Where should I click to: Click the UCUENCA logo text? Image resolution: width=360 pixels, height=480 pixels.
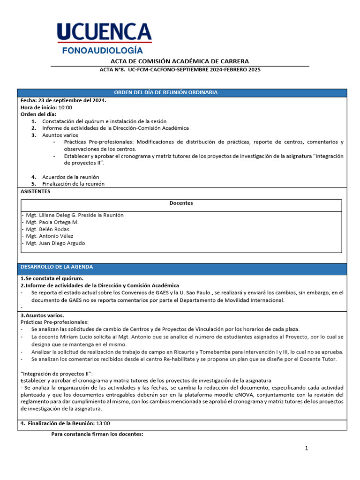pos(104,33)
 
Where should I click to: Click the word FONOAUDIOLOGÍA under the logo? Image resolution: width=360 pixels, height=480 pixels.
pos(103,51)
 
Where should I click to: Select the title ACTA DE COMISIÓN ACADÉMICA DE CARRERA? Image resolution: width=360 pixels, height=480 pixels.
pos(180,61)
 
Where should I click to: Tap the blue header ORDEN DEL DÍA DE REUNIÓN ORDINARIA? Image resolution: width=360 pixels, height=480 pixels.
pos(166,92)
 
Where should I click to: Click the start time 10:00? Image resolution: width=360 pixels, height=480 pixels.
pos(65,107)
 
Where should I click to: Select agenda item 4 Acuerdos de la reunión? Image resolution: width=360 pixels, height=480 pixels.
pos(70,177)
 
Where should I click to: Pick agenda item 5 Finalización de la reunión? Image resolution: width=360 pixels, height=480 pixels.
pos(73,184)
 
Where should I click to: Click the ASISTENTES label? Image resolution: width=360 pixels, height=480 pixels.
pos(35,191)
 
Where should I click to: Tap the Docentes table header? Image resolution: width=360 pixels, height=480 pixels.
pos(181,203)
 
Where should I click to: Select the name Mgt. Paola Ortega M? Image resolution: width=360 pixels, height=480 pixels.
pos(52,222)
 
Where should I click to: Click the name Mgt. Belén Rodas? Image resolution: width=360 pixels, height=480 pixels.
pos(48,229)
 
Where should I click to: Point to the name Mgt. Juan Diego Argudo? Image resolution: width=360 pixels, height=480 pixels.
pos(55,243)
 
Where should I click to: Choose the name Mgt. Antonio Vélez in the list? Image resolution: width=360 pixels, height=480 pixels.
pos(50,236)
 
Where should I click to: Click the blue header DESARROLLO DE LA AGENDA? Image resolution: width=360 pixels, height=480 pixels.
pos(57,267)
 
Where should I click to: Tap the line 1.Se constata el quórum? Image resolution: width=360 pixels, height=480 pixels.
pos(52,278)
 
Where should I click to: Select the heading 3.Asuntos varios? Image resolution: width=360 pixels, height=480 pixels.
pos(42,315)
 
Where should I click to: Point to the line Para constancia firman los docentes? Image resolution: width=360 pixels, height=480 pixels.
pos(97,434)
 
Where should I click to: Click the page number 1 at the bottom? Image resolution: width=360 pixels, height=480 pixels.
pos(307,449)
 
